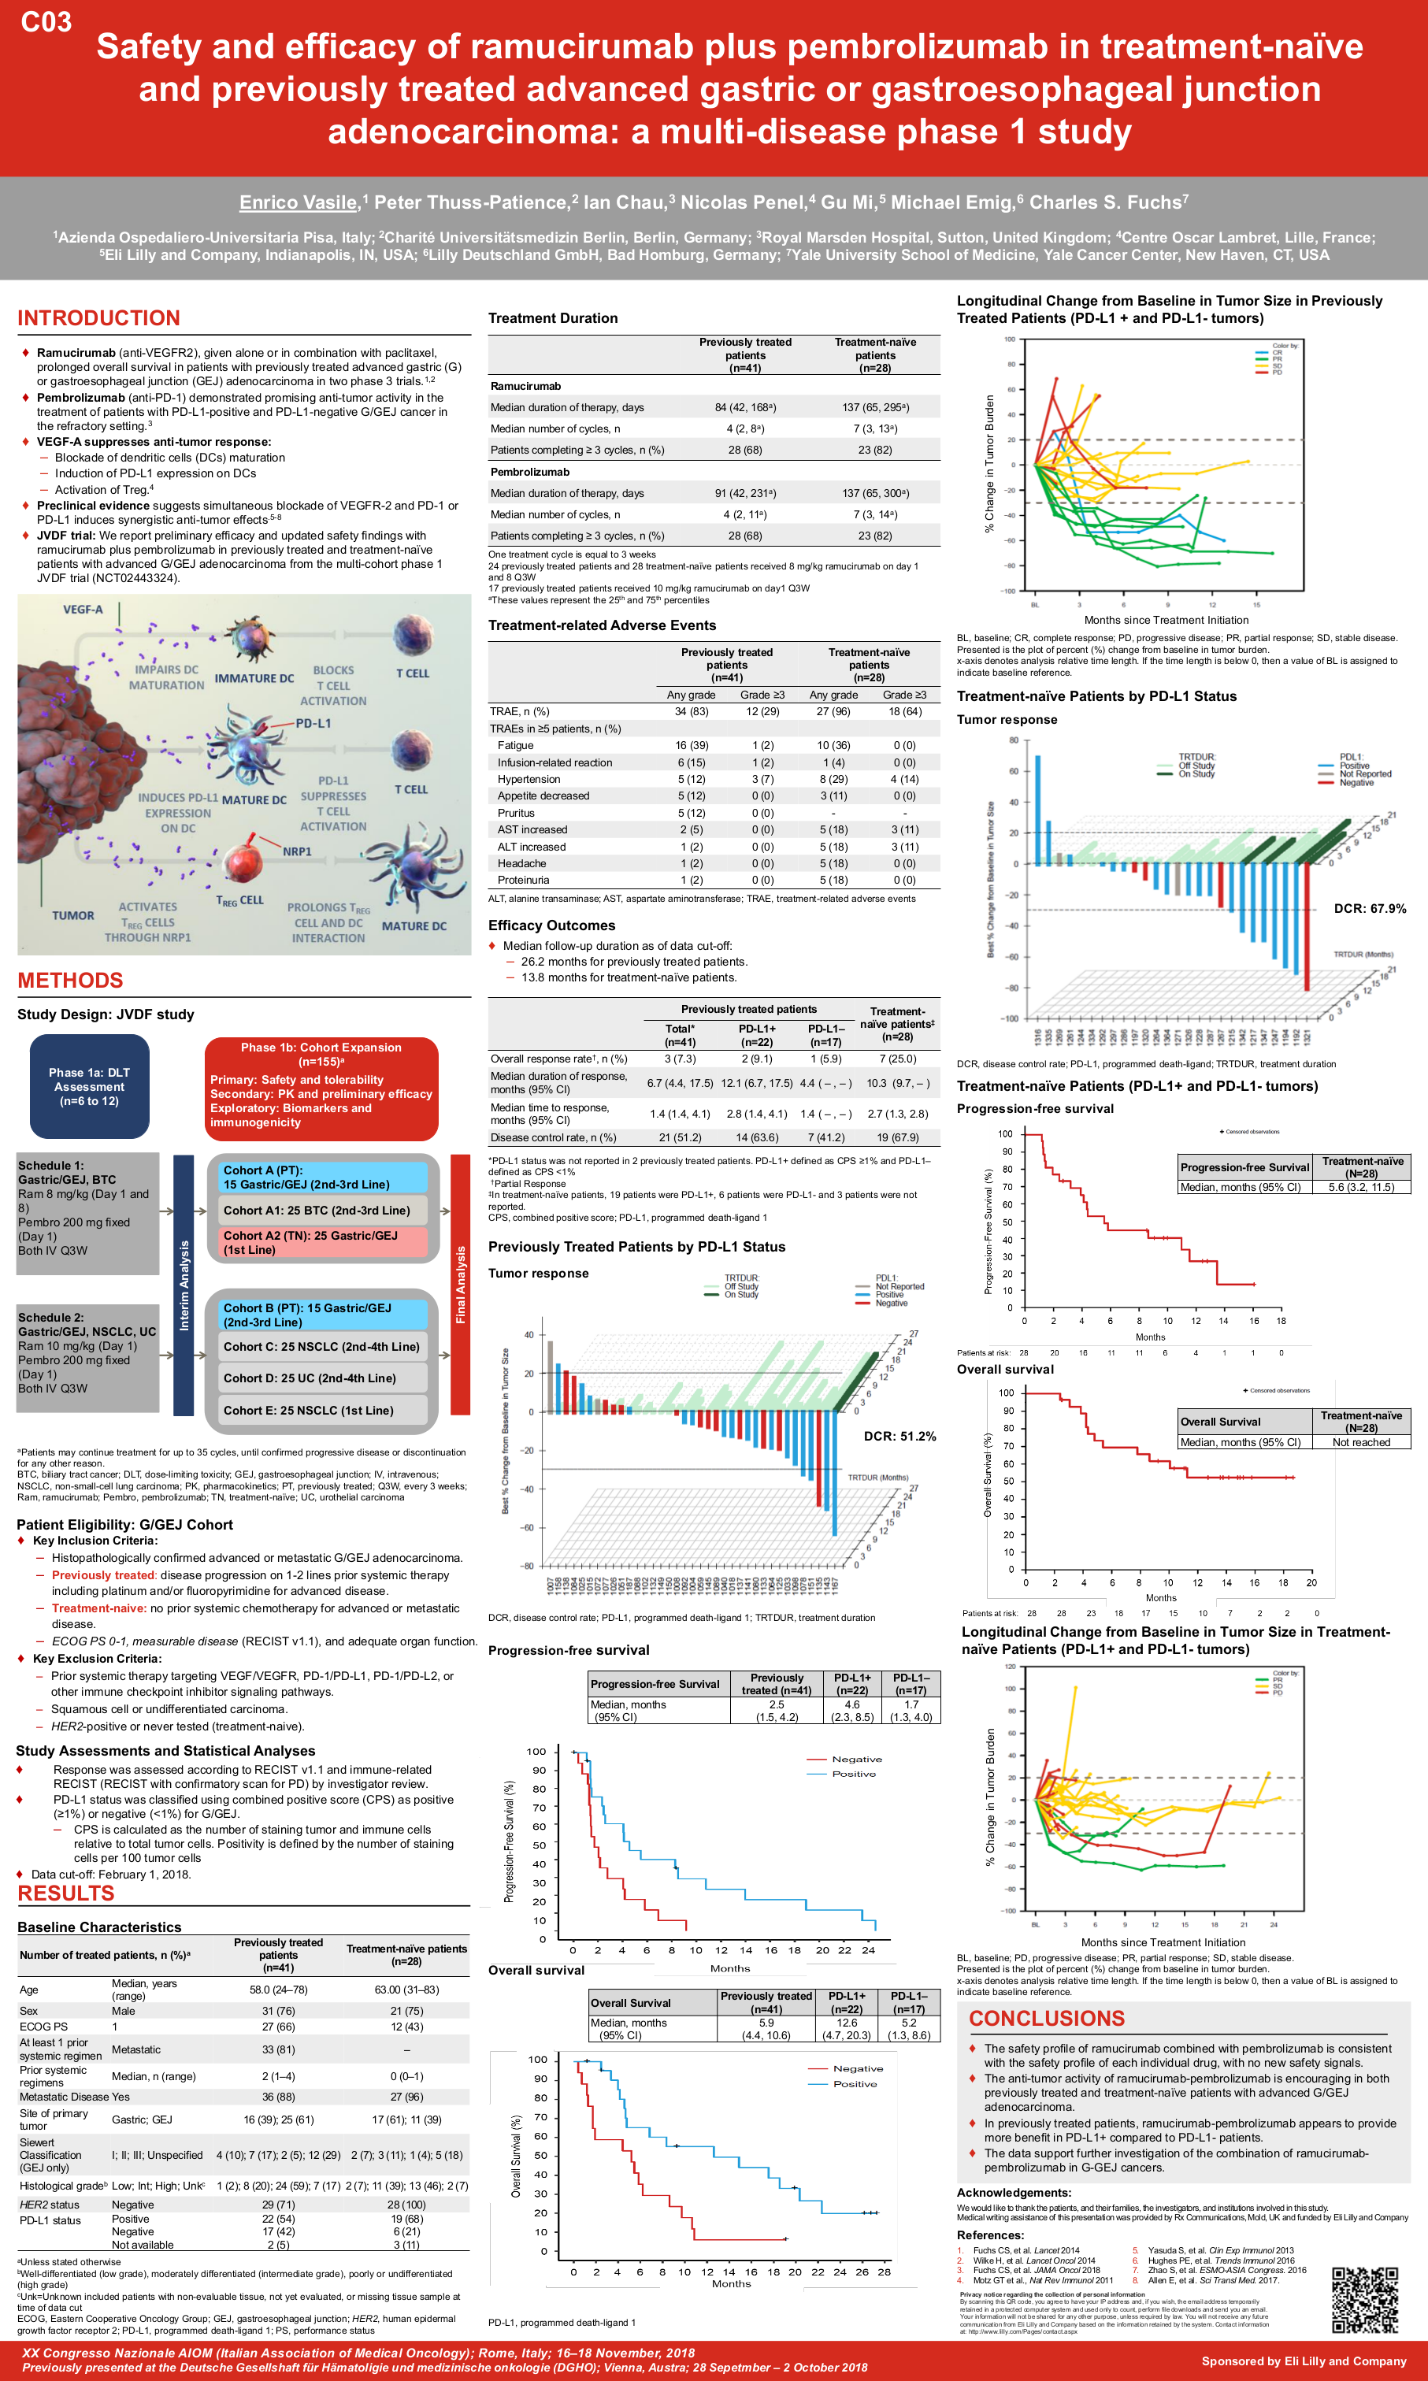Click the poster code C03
pos(46,21)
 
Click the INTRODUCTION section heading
pos(98,317)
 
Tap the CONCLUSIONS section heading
pos(1046,2019)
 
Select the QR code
pos(1364,2299)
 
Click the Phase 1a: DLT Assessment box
pos(90,1086)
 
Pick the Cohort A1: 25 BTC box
pos(317,1211)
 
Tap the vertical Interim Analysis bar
pos(184,1285)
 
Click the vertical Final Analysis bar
pos(460,1285)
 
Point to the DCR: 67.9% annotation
pos(1369,908)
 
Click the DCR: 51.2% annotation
pos(899,1437)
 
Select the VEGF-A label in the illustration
pos(83,609)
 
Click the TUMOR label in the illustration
pos(73,916)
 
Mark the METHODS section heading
pos(70,981)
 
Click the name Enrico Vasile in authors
pos(298,202)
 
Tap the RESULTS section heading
pos(65,1893)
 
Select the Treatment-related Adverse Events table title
pos(602,625)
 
